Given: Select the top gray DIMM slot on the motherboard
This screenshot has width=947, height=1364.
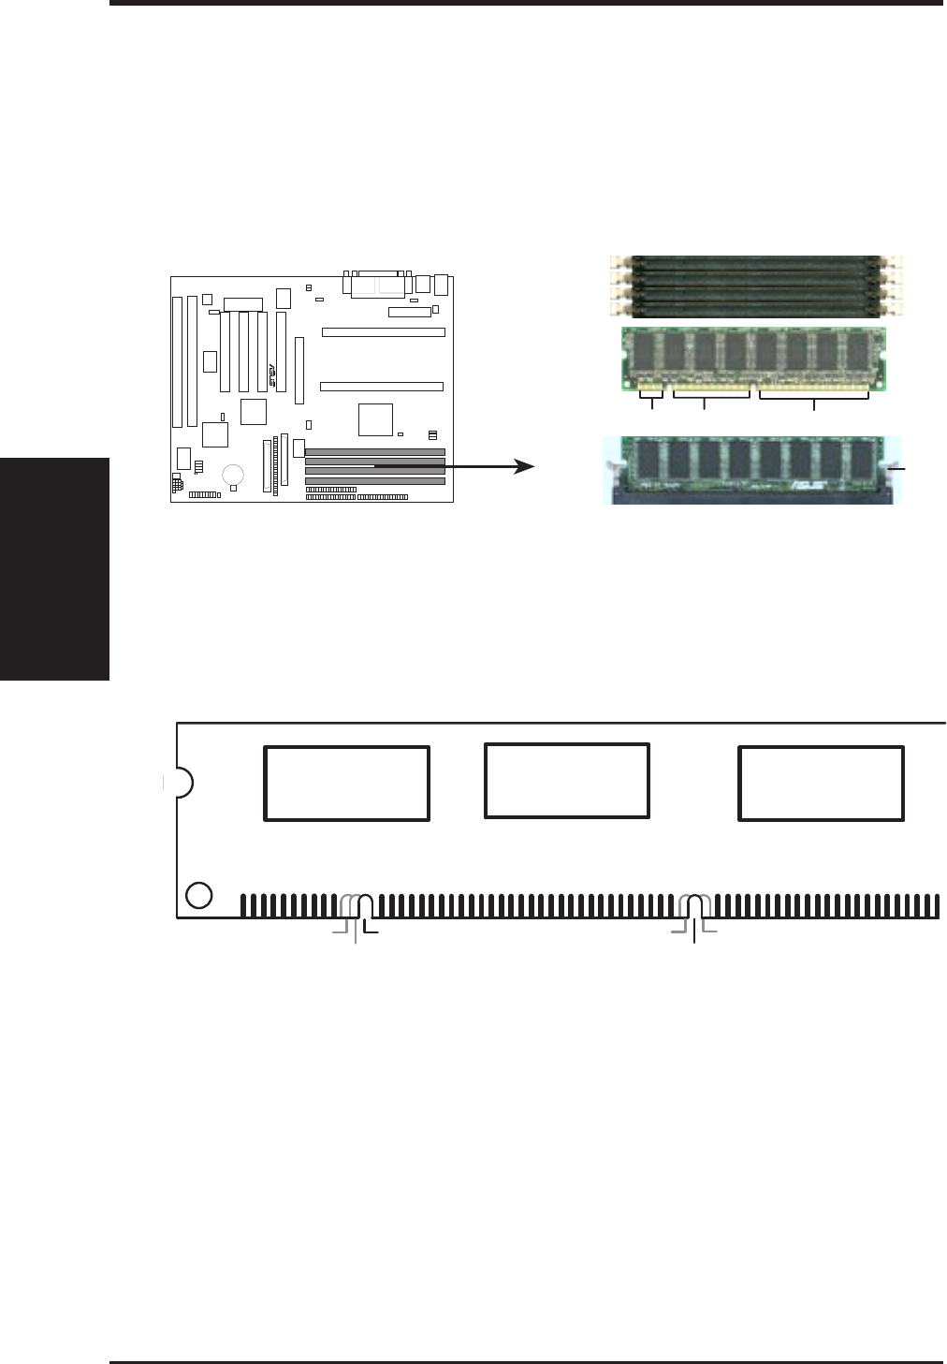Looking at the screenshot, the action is point(374,452).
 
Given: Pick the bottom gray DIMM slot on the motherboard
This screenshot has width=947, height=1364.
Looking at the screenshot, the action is point(374,480).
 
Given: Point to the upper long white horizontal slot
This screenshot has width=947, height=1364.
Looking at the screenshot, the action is point(383,332).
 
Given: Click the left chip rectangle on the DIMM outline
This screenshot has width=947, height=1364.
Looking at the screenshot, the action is point(346,784).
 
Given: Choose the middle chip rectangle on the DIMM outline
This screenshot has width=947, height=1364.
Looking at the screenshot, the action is point(566,780).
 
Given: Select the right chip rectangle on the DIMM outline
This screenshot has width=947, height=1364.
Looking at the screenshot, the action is point(821,784).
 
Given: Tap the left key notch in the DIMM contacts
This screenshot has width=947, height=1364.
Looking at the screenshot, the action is point(367,906).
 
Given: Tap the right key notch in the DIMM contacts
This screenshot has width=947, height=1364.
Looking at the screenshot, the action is point(694,906).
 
